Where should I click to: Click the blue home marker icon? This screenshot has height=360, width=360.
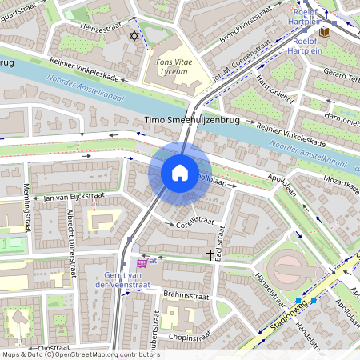coord(180,173)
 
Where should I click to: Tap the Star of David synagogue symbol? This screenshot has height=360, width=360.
coord(134,36)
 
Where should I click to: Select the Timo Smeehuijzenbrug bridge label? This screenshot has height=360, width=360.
coord(193,121)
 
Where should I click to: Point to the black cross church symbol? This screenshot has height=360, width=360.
coord(211,255)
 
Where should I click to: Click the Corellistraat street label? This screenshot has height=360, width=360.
coord(198,218)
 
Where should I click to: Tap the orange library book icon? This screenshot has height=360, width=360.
coord(324,32)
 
